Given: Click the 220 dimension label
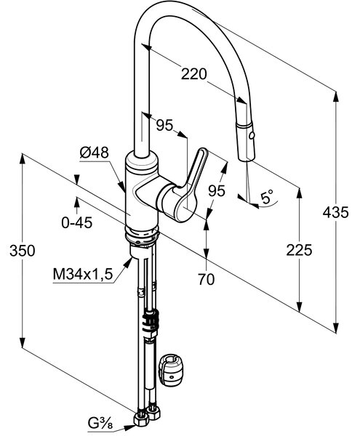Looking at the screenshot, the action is [x=194, y=74].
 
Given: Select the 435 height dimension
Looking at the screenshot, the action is [x=335, y=213].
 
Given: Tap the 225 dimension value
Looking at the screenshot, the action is [x=299, y=250].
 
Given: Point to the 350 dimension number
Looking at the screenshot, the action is [x=23, y=251].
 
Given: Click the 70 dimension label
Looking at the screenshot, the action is [x=206, y=279].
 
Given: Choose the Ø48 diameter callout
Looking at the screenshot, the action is [x=94, y=153].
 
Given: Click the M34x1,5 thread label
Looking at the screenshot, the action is [x=83, y=275].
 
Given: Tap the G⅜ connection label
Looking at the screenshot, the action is [x=100, y=424].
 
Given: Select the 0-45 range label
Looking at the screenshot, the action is [x=77, y=222].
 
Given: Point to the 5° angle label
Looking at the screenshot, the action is [x=267, y=197].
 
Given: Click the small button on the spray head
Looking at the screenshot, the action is [x=252, y=136].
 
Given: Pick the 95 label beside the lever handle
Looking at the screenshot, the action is [x=217, y=190].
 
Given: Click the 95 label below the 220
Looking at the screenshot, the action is [x=164, y=125].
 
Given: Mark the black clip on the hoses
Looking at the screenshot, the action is [x=151, y=322].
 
